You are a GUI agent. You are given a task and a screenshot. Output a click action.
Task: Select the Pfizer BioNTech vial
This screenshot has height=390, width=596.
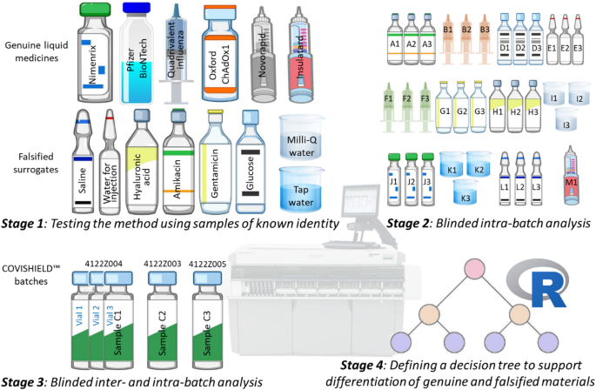tap(140, 52)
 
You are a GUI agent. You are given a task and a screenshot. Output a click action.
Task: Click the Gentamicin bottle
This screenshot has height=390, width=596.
tap(217, 165)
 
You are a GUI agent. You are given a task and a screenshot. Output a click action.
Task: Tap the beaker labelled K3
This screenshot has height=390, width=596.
tap(465, 193)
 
